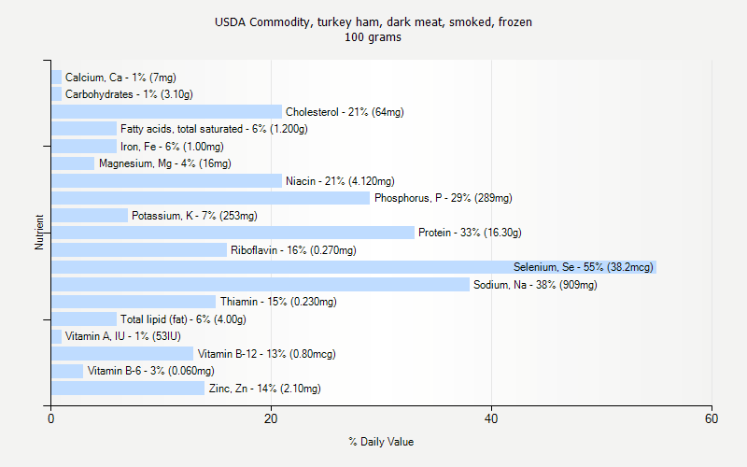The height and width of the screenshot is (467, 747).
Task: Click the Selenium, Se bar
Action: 353,267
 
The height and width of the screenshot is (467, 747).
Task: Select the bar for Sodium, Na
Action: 260,285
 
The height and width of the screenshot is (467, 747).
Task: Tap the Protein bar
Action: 233,233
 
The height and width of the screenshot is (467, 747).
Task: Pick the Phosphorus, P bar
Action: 210,198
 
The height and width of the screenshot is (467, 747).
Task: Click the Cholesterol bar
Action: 166,112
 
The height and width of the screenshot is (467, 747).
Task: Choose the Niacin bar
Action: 166,181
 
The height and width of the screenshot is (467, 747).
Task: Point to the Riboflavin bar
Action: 139,250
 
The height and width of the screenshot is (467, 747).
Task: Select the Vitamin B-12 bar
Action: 122,354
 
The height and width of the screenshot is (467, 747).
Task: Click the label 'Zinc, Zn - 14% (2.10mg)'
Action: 264,389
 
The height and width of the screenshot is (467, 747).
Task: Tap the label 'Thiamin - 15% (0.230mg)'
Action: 278,302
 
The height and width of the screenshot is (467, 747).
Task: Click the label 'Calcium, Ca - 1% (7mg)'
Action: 120,78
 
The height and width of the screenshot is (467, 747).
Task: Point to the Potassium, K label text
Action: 194,216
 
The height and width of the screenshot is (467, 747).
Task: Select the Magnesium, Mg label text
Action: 164,163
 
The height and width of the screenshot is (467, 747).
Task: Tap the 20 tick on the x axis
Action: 271,419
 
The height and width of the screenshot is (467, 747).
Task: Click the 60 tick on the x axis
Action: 712,419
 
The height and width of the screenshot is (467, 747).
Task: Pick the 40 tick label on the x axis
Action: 492,419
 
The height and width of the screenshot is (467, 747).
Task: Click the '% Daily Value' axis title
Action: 381,442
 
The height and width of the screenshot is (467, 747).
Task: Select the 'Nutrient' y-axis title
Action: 40,233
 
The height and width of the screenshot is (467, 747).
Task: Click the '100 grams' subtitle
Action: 373,37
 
